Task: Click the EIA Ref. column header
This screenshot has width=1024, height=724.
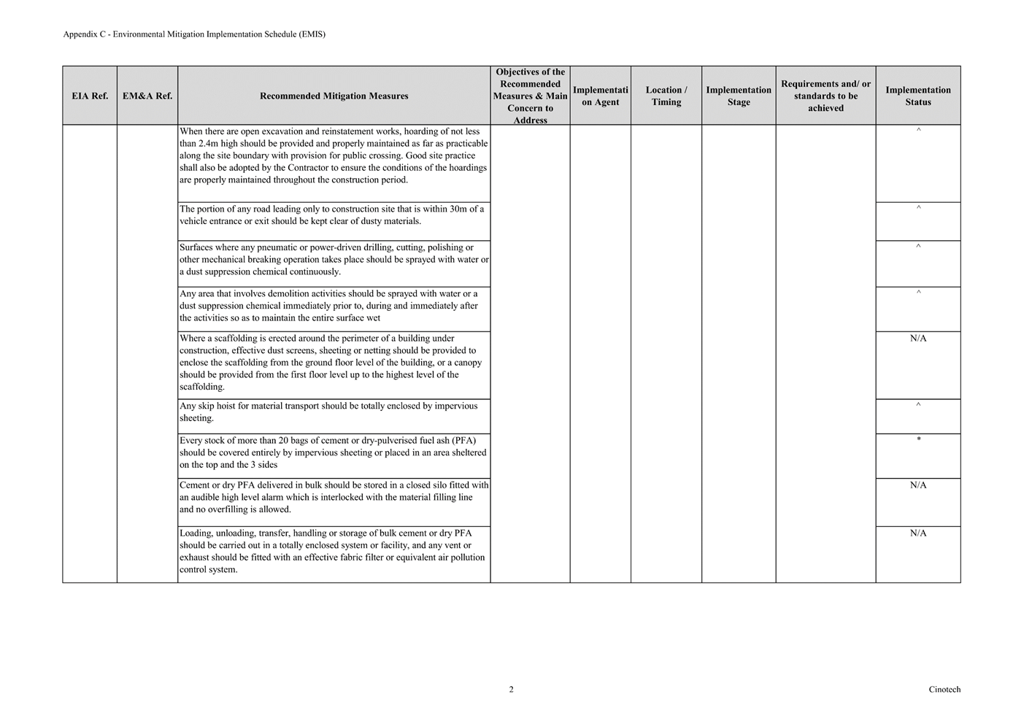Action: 90,96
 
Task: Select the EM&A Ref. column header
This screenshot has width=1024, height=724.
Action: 147,96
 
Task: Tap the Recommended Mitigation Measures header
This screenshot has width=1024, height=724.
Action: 334,96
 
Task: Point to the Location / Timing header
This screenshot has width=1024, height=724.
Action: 666,96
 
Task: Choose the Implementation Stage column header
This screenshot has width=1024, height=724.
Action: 738,96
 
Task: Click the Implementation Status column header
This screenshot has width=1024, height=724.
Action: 917,96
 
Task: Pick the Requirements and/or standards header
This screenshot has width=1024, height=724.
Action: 825,96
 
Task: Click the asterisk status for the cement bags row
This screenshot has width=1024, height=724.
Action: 918,439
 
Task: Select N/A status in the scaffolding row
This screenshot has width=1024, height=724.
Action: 918,339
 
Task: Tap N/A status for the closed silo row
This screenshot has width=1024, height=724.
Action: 918,485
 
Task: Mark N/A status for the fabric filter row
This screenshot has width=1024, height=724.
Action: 918,534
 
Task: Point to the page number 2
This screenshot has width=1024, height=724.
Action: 511,690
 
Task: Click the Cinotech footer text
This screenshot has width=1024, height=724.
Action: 944,690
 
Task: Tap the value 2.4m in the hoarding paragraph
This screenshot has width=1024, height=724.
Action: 209,144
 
